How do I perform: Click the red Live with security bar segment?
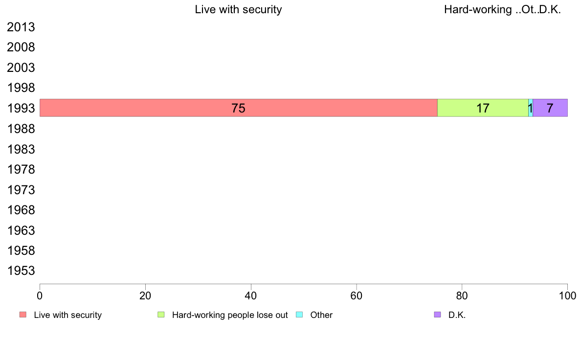[147, 108]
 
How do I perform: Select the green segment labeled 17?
[460, 108]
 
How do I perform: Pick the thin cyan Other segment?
[531, 108]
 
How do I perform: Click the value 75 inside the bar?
[238, 108]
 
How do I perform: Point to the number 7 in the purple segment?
[550, 108]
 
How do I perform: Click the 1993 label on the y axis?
[21, 109]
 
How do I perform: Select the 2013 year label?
[21, 27]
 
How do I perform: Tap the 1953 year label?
[21, 271]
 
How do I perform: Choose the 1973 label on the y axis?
[21, 190]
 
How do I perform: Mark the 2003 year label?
[21, 68]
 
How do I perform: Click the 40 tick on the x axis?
[251, 295]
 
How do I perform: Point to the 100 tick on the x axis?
[567, 295]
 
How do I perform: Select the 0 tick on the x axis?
[40, 295]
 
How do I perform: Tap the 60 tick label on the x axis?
[357, 295]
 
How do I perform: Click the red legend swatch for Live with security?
[23, 315]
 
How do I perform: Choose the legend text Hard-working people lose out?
[230, 315]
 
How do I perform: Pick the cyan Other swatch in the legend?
[300, 315]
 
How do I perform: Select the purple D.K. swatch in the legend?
[438, 315]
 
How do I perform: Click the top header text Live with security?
[238, 9]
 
